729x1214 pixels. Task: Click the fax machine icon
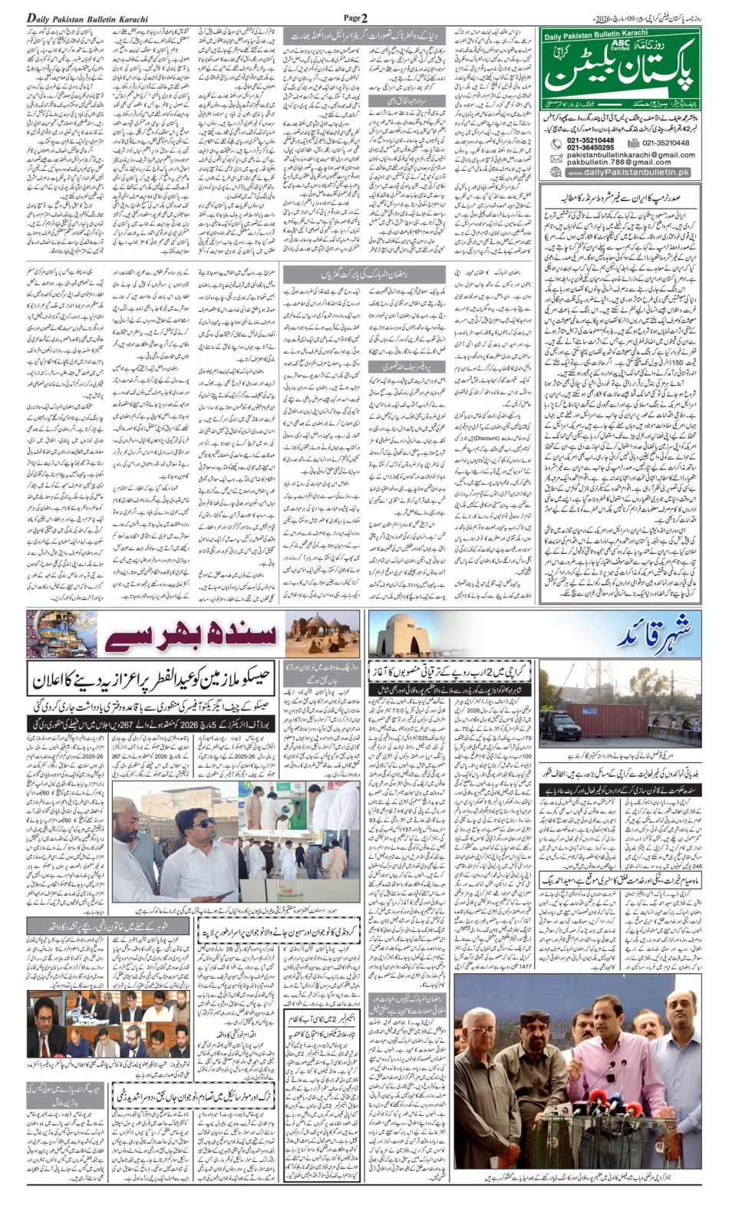(x=634, y=143)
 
